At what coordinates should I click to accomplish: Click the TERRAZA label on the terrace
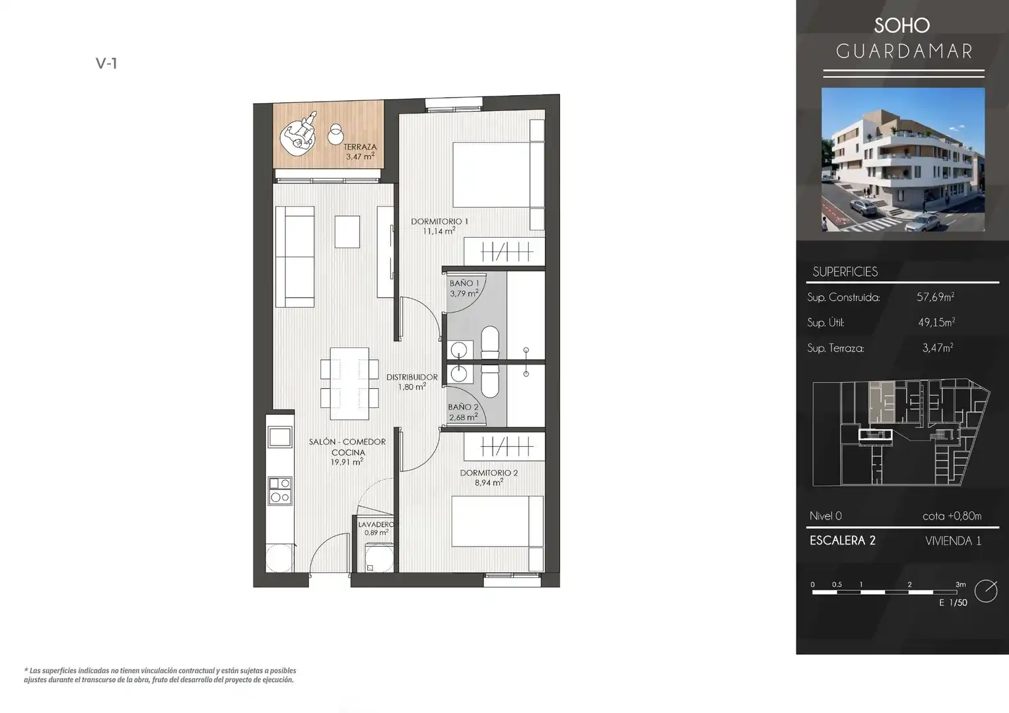coord(360,147)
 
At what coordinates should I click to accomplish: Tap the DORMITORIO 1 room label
coord(439,221)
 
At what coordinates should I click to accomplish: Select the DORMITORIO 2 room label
coord(489,473)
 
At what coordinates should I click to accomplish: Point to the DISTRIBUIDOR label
coord(411,377)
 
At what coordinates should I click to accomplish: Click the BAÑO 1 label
coord(464,283)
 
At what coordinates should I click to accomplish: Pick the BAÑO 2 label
coord(463,407)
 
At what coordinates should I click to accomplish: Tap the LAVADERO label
coord(376,524)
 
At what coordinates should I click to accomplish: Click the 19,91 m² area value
coord(347,461)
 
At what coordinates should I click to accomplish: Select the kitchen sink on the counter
coord(279,437)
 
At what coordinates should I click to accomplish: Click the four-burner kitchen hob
coord(280,491)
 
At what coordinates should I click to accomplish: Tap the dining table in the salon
coord(349,384)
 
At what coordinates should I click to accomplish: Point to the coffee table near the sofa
coord(347,232)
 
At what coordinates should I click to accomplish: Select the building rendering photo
coord(903,160)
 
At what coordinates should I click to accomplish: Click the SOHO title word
coord(902,25)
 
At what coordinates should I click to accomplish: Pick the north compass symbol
coord(986,591)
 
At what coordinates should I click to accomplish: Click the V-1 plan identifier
coord(106,63)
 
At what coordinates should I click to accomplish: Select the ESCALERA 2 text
coord(843,541)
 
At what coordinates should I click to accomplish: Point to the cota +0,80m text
coord(952,516)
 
